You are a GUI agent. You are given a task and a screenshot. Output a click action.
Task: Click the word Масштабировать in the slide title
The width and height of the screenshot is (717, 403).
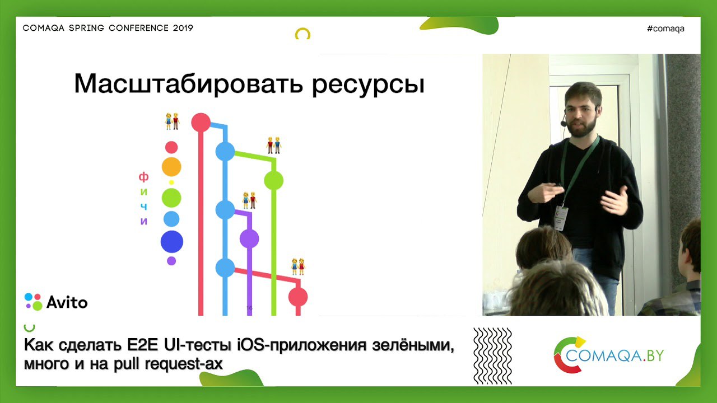tap(189, 83)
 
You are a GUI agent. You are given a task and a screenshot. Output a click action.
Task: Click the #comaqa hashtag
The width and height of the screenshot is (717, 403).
tap(665, 29)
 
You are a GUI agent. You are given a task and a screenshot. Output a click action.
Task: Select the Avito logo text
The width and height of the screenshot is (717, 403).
tap(67, 302)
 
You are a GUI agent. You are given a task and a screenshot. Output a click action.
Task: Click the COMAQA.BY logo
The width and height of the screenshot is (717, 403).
tap(609, 355)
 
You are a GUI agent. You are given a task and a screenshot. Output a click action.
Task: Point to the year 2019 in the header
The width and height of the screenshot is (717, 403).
tap(183, 28)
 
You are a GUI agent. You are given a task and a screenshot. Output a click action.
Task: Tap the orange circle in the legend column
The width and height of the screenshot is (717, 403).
tap(171, 167)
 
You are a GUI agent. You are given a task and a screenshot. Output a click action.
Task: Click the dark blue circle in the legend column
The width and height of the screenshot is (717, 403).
tap(172, 241)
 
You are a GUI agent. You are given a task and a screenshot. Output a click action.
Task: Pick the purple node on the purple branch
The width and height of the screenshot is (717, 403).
tap(249, 238)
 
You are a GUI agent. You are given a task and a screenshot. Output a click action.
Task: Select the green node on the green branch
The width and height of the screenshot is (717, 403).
tap(274, 180)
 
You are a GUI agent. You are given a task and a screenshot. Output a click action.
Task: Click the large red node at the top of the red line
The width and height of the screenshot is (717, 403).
tap(201, 122)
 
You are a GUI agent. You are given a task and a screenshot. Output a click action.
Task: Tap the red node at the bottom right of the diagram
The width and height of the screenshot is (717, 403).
tap(298, 297)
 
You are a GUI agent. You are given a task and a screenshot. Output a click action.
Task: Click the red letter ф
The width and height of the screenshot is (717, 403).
tap(144, 176)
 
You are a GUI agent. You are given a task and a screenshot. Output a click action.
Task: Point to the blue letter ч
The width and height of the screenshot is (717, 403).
tap(144, 207)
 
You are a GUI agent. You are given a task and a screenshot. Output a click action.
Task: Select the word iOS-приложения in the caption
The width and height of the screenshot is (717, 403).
tap(301, 345)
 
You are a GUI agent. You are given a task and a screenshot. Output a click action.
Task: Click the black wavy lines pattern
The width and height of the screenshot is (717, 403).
tap(492, 355)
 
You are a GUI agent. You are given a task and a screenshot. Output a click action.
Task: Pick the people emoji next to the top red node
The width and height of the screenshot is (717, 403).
tap(172, 121)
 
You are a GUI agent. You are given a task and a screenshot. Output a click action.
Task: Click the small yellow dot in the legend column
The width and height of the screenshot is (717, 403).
tap(171, 182)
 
